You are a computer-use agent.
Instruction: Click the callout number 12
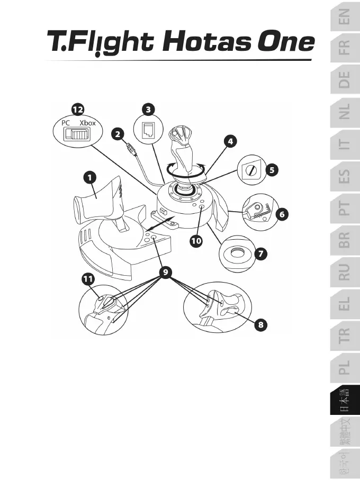coord(78,109)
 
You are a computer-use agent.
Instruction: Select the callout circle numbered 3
coord(149,109)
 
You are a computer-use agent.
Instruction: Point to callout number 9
coord(166,273)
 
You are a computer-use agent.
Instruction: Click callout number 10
coord(196,241)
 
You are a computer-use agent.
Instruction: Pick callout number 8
coord(259,324)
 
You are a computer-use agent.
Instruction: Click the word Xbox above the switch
coord(87,123)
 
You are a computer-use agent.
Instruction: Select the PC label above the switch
coord(66,123)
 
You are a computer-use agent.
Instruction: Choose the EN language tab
coord(345,20)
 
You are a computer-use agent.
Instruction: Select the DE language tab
coord(345,83)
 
